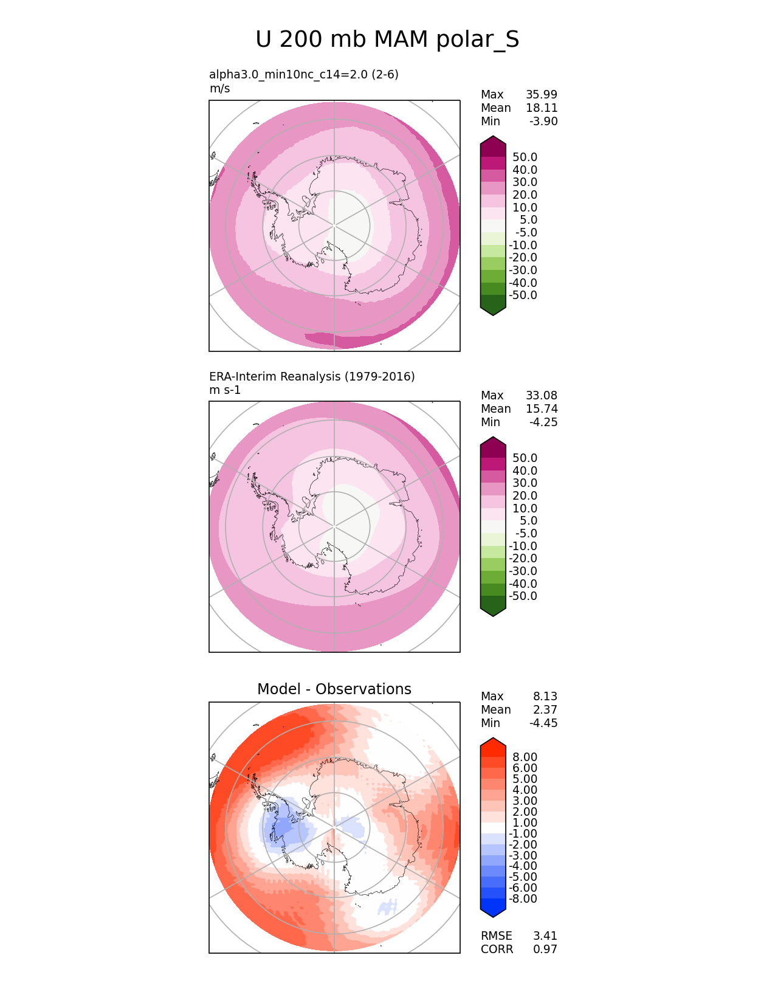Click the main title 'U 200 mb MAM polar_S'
[387, 40]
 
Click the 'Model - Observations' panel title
[334, 689]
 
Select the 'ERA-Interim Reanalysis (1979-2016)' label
[312, 376]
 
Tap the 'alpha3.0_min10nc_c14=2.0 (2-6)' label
[304, 74]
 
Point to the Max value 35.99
[542, 94]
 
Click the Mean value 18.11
[542, 108]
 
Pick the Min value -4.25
[543, 422]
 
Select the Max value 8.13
[545, 696]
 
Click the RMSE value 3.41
[545, 936]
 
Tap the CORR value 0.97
[545, 949]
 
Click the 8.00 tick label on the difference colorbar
[525, 757]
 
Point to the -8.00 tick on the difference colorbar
[523, 898]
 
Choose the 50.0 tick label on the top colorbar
[525, 157]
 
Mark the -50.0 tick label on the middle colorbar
[523, 596]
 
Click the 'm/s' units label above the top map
[219, 88]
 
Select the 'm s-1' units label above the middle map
[225, 390]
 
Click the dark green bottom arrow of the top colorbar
[493, 307]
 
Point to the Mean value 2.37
[545, 709]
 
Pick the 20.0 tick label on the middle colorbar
[525, 495]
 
